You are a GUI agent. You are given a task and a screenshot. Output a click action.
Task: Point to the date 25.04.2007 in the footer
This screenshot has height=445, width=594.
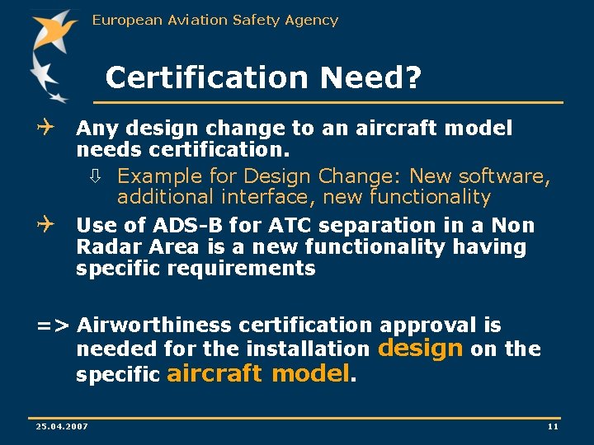coord(62,425)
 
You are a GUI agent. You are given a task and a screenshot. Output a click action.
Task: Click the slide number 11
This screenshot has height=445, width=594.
coord(553,425)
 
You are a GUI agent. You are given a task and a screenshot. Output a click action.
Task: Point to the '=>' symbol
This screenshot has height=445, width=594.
coord(53,326)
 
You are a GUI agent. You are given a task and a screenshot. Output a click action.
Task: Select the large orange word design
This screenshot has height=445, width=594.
coord(420,348)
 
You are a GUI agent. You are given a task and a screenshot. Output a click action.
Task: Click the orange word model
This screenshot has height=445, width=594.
coord(311,373)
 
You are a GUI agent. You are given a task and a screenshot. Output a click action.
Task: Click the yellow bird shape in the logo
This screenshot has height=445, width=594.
coord(54,33)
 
